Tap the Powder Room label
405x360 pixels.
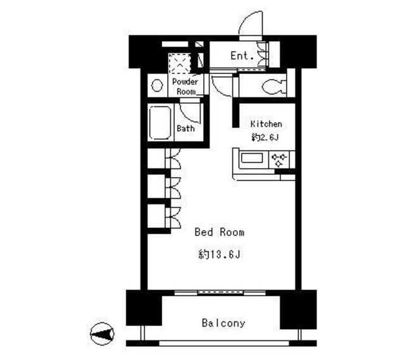click(x=185, y=87)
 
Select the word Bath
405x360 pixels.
click(x=185, y=128)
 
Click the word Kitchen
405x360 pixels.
click(x=266, y=124)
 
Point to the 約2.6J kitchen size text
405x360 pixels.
click(x=265, y=137)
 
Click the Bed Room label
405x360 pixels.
click(x=220, y=232)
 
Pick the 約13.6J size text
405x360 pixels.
click(x=220, y=254)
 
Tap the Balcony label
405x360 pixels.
click(x=223, y=323)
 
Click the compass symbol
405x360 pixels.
click(x=102, y=334)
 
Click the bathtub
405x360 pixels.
click(x=160, y=123)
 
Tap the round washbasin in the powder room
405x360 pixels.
click(x=157, y=85)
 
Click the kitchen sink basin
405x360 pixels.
click(x=252, y=158)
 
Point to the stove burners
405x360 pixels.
click(x=279, y=160)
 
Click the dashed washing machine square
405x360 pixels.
click(x=180, y=63)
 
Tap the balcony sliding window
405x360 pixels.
click(x=220, y=292)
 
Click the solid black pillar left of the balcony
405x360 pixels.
click(x=144, y=307)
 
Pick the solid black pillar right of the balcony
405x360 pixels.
click(x=298, y=309)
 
